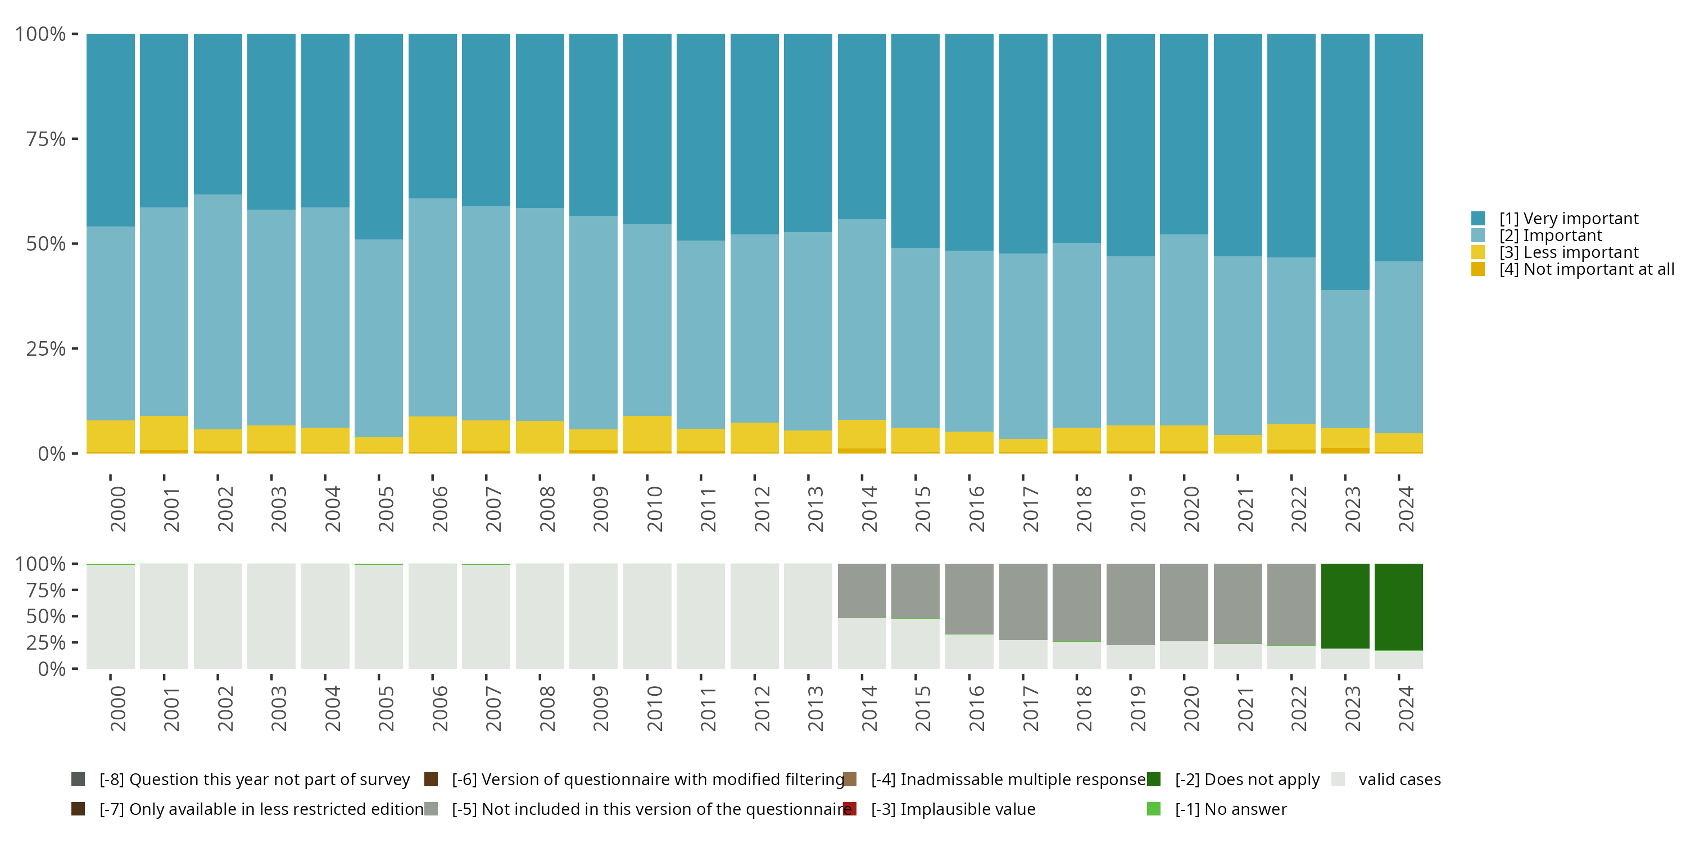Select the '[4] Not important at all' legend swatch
(1478, 270)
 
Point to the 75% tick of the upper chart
(46, 139)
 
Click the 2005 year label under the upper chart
(386, 509)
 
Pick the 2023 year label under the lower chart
(1352, 708)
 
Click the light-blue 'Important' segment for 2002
(218, 311)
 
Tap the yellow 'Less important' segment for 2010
(647, 433)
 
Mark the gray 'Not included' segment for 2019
(1130, 604)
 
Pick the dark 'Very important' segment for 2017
(1023, 143)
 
